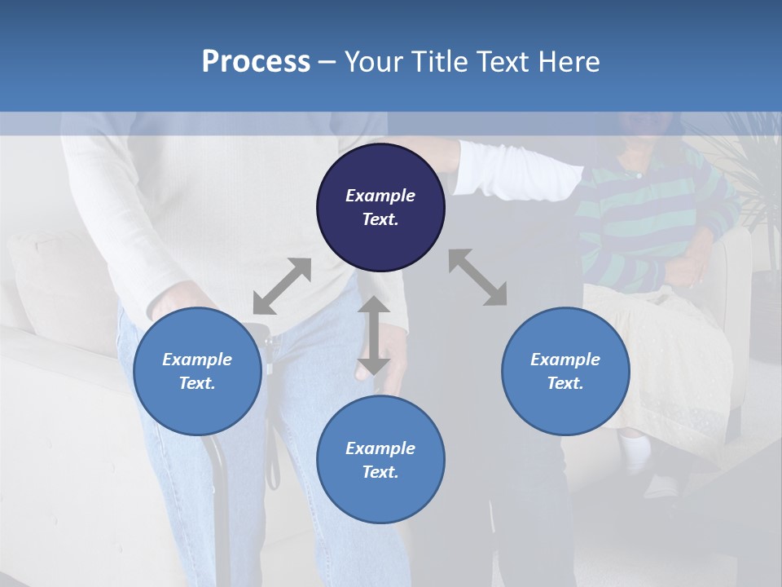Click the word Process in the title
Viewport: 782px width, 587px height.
256,62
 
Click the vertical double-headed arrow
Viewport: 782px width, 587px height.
373,335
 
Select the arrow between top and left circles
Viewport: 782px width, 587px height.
282,285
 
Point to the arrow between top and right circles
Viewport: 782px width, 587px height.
477,277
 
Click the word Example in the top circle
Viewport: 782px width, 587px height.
380,196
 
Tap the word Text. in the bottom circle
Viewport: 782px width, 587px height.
380,472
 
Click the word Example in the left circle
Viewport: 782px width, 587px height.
197,360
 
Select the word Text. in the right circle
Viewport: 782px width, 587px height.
565,383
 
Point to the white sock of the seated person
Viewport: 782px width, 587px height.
636,451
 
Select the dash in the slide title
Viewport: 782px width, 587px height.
327,62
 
